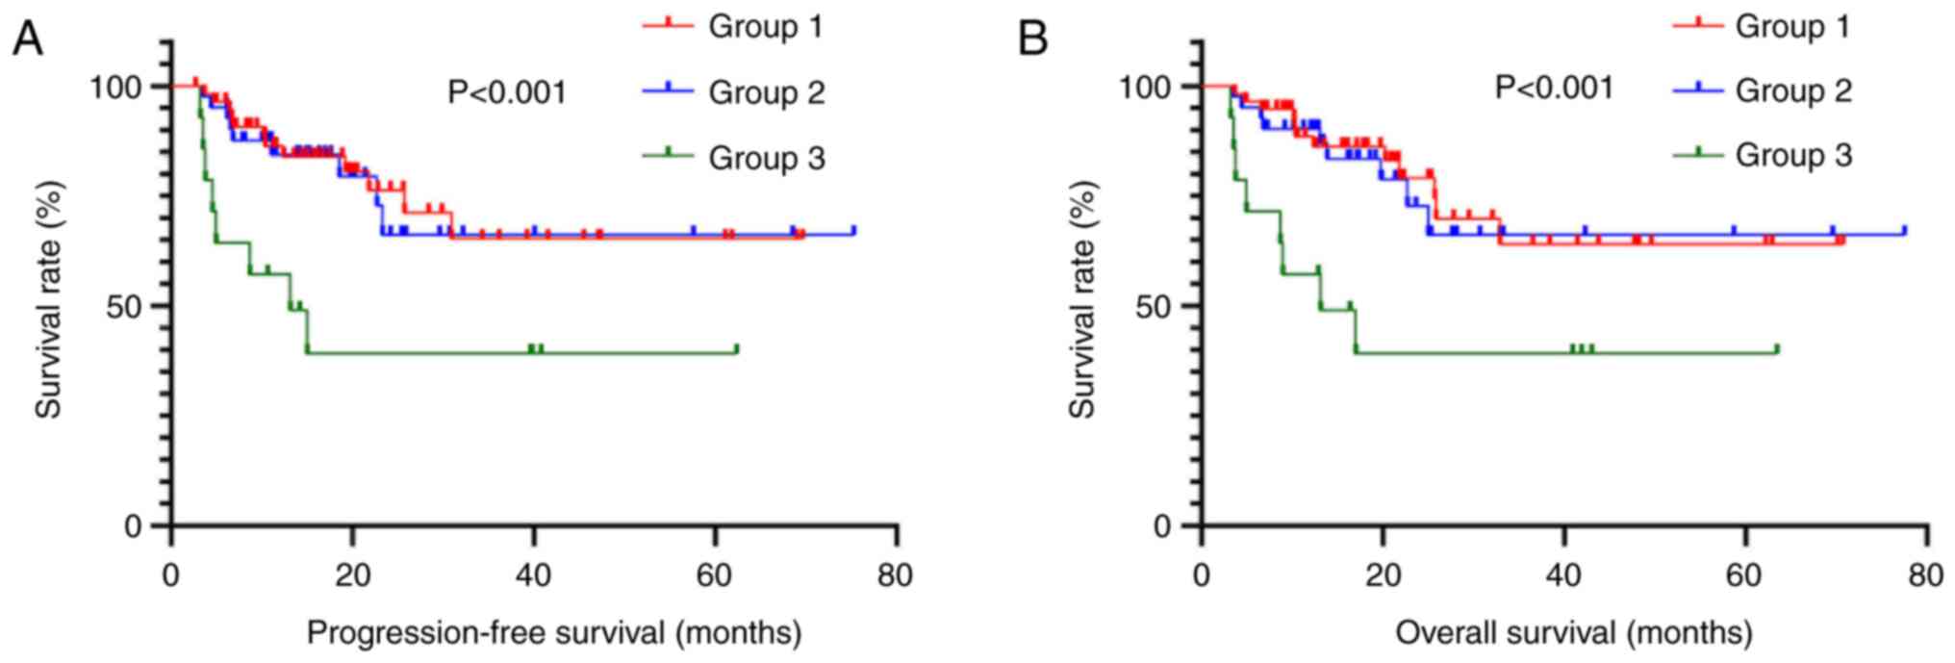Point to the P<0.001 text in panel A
(507, 93)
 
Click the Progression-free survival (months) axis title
(553, 633)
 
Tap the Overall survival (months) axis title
(1573, 633)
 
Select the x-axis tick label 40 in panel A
(533, 575)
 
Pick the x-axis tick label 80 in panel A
(896, 575)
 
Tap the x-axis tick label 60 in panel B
(1744, 575)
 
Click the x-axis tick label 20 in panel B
(1383, 575)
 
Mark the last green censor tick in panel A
(736, 348)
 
